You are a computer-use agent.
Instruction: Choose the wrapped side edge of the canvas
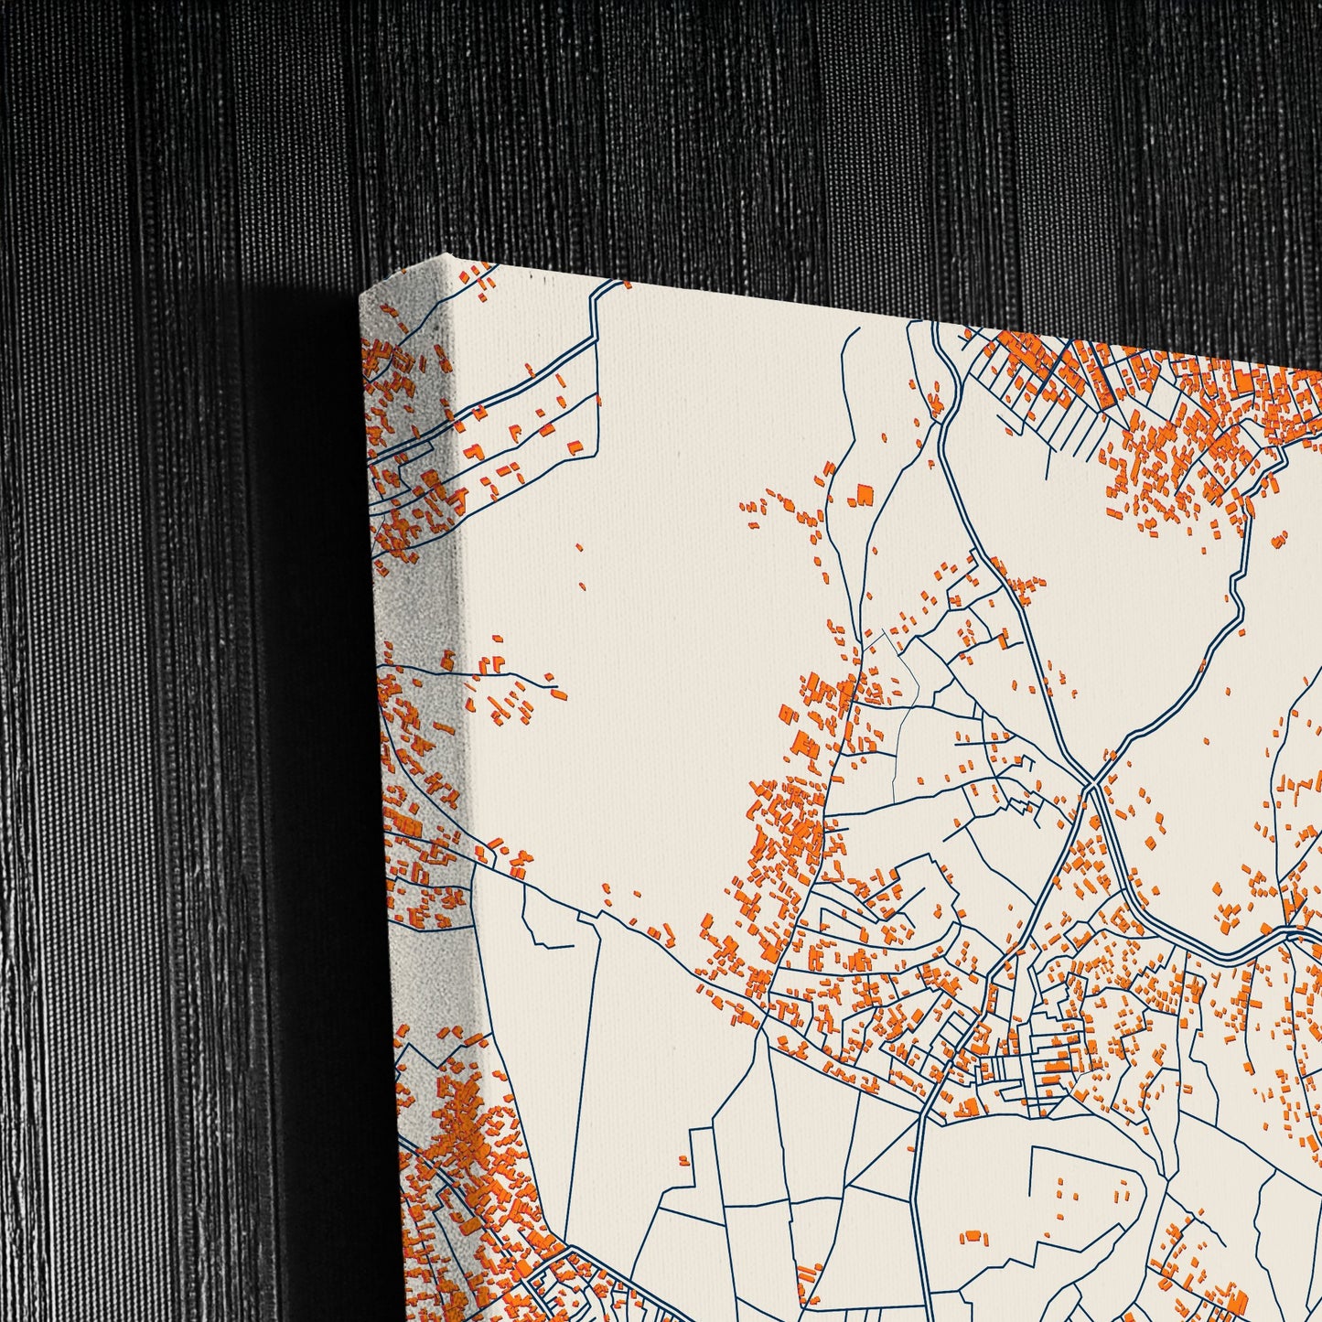coord(416,732)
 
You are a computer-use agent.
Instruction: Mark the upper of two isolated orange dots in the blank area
coord(580,548)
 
